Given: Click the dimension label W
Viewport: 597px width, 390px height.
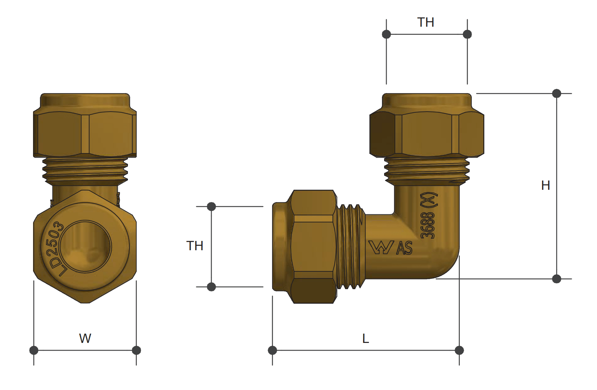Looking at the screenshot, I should click(x=85, y=338).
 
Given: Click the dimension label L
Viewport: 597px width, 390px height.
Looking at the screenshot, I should click(x=366, y=338).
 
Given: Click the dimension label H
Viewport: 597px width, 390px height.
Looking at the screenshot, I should click(x=545, y=185).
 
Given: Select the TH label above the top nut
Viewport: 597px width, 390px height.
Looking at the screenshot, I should click(x=425, y=22).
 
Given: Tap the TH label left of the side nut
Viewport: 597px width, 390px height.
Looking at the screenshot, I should click(x=195, y=246).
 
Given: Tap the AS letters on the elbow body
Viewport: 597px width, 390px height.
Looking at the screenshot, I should click(x=404, y=248).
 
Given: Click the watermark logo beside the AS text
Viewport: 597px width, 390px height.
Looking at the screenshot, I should click(x=381, y=247).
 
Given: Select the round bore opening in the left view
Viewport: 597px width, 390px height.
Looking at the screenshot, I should click(x=86, y=247).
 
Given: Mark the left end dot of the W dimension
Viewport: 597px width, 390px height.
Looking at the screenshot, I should click(x=34, y=350).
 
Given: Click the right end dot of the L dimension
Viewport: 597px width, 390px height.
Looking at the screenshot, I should click(x=459, y=350).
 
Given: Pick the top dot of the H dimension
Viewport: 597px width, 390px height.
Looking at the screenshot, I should click(x=556, y=93).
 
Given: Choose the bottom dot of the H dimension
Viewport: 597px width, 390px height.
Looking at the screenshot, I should click(x=556, y=279).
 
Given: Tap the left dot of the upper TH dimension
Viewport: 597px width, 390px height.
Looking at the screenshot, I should click(x=386, y=34).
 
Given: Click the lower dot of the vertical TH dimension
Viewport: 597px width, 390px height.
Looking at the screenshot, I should click(x=211, y=287).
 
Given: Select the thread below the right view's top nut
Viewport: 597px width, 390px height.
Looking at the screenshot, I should click(x=427, y=171).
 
